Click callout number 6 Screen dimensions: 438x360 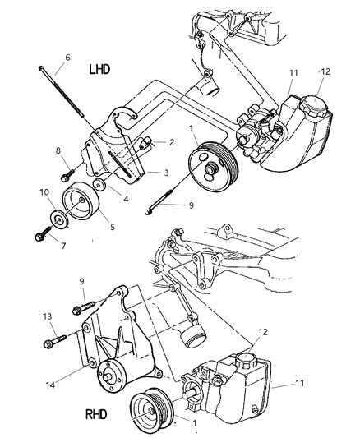click(x=67, y=58)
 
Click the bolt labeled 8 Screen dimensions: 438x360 click(x=66, y=175)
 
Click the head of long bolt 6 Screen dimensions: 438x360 click(x=41, y=69)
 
